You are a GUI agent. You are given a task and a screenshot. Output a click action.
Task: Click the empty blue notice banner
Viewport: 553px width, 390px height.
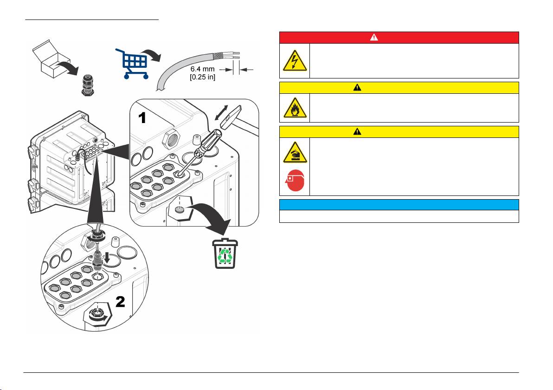point(399,205)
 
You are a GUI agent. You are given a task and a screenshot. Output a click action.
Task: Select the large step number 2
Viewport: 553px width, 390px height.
point(120,302)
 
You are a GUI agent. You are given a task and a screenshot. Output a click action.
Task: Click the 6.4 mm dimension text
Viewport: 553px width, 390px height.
point(203,69)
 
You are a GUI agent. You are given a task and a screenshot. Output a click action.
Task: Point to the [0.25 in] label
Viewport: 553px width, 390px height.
point(203,77)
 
